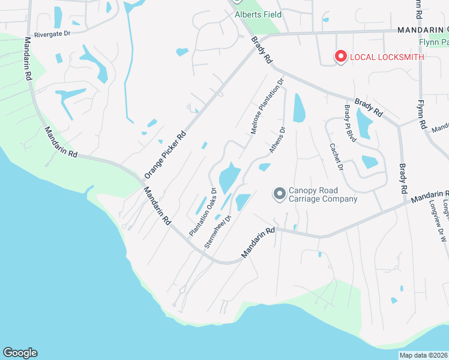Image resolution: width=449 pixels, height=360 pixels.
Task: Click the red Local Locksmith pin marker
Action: coord(340,56)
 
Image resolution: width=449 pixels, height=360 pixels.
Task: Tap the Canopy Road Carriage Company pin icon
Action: coord(279,194)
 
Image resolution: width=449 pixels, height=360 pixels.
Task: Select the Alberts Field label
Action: coord(258,14)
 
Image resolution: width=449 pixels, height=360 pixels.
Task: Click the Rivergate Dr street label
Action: coord(53,34)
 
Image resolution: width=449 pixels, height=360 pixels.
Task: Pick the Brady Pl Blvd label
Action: coord(350,124)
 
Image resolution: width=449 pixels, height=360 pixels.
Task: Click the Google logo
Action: coord(20,353)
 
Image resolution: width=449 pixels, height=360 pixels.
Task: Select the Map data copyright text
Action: coord(424,355)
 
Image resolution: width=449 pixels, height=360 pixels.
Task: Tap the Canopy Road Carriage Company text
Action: coord(323,195)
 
